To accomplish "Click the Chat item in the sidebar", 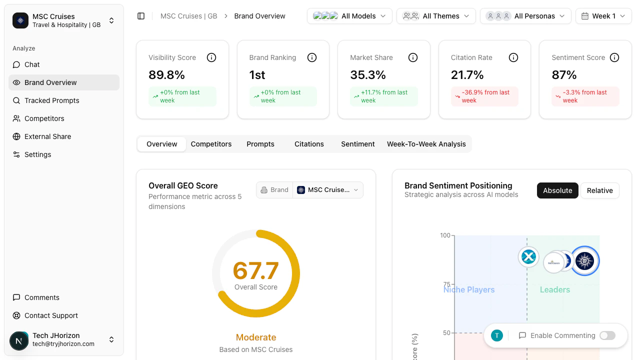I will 32,64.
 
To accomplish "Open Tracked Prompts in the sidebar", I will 51,100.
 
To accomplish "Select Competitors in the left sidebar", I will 44,118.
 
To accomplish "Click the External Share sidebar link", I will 47,136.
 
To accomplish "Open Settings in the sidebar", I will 37,154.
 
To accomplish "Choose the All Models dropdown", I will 349,16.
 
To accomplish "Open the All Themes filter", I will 435,16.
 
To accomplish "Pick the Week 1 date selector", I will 603,16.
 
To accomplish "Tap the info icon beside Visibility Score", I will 211,57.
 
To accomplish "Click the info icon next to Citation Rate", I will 513,57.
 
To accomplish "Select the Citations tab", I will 309,144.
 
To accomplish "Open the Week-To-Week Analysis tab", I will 426,144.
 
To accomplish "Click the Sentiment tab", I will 357,144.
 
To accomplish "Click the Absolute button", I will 557,190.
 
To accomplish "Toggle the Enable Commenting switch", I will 607,335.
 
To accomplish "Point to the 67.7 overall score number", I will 255,270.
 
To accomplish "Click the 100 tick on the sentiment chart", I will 445,235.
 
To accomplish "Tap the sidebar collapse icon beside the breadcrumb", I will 141,16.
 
